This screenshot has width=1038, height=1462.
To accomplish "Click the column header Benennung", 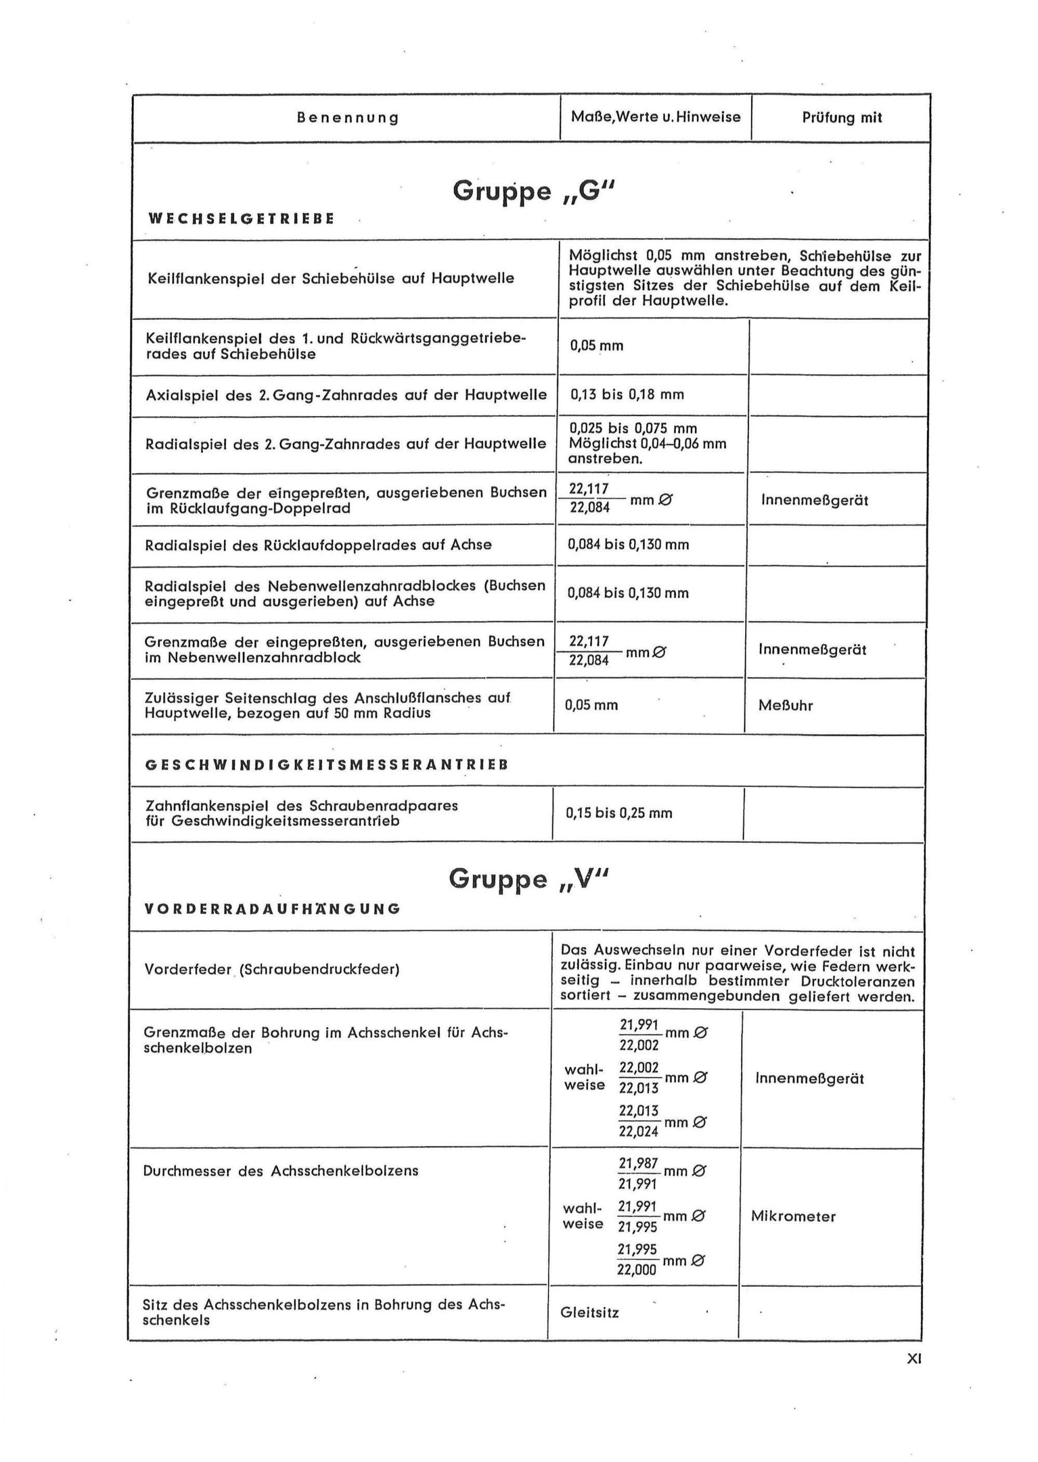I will click(x=348, y=118).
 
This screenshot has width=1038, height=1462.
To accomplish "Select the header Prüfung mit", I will click(x=841, y=118).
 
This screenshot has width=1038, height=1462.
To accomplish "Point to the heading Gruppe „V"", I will click(x=529, y=879).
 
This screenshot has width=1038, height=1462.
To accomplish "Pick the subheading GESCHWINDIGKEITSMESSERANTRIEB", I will click(x=326, y=765).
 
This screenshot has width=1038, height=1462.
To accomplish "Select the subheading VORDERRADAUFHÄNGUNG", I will click(x=273, y=908).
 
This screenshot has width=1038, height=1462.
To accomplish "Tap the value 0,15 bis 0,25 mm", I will click(x=619, y=813).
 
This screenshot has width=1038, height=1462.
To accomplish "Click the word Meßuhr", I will click(x=786, y=706).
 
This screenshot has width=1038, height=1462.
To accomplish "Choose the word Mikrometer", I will click(x=793, y=1216).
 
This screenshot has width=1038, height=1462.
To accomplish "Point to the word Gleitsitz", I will click(x=589, y=1313).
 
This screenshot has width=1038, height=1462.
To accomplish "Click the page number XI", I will click(x=914, y=1359).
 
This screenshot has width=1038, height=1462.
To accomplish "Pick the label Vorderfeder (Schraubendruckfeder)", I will click(x=271, y=969).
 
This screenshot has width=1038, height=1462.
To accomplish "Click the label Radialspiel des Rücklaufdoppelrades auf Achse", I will click(x=318, y=545).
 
